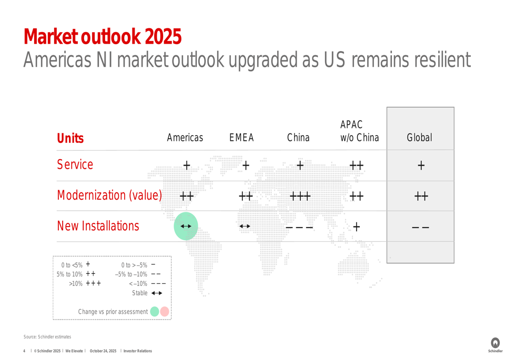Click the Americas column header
(x=185, y=137)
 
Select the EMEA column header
(x=241, y=137)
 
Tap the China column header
(x=298, y=137)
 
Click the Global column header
(x=419, y=137)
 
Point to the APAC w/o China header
(x=360, y=131)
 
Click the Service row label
(x=75, y=164)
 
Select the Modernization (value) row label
(x=109, y=195)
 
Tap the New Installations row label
(x=98, y=226)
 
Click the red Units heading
(x=70, y=138)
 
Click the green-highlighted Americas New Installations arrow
(x=186, y=227)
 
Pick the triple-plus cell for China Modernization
(x=300, y=196)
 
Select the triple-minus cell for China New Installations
(x=299, y=228)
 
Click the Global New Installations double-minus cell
(x=420, y=228)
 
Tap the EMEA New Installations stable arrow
(x=245, y=227)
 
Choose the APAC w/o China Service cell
(x=356, y=165)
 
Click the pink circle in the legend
(x=164, y=312)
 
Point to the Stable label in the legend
(x=139, y=293)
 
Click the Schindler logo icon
(x=495, y=343)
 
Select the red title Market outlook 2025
(x=103, y=37)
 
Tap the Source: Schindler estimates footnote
(x=47, y=336)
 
